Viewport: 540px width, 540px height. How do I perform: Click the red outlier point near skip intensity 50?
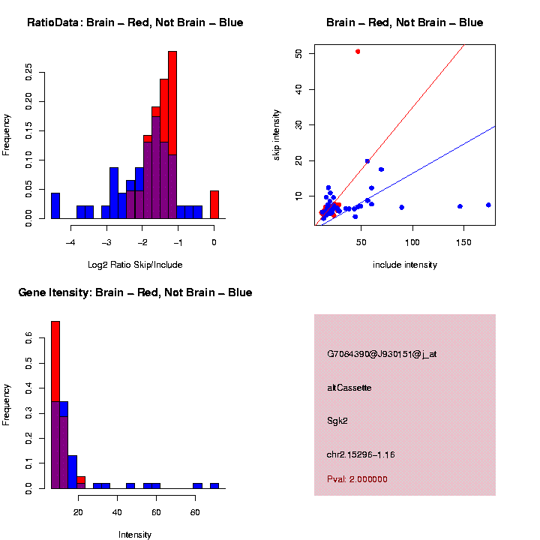tap(358, 51)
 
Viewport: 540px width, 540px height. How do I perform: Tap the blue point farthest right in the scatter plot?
tap(488, 205)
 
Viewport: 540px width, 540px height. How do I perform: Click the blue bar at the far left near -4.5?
tap(55, 205)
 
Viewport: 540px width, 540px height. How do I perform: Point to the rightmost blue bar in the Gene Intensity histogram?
tap(214, 485)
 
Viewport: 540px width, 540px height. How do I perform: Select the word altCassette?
tap(349, 388)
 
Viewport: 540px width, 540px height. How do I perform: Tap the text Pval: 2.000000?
tap(358, 479)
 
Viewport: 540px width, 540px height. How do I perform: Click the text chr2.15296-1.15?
tap(361, 454)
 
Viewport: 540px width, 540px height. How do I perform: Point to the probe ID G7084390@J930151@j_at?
tap(382, 354)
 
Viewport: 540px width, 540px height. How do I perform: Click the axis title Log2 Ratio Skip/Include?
tap(135, 264)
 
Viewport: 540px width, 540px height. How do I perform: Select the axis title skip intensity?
tap(277, 134)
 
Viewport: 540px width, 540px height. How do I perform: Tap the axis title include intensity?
tap(405, 264)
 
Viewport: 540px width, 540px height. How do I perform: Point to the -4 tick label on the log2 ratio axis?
tap(70, 242)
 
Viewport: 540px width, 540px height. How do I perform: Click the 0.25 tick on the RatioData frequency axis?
tap(28, 72)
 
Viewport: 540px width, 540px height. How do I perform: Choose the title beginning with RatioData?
tap(135, 22)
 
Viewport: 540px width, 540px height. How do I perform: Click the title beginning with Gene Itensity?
tap(135, 292)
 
